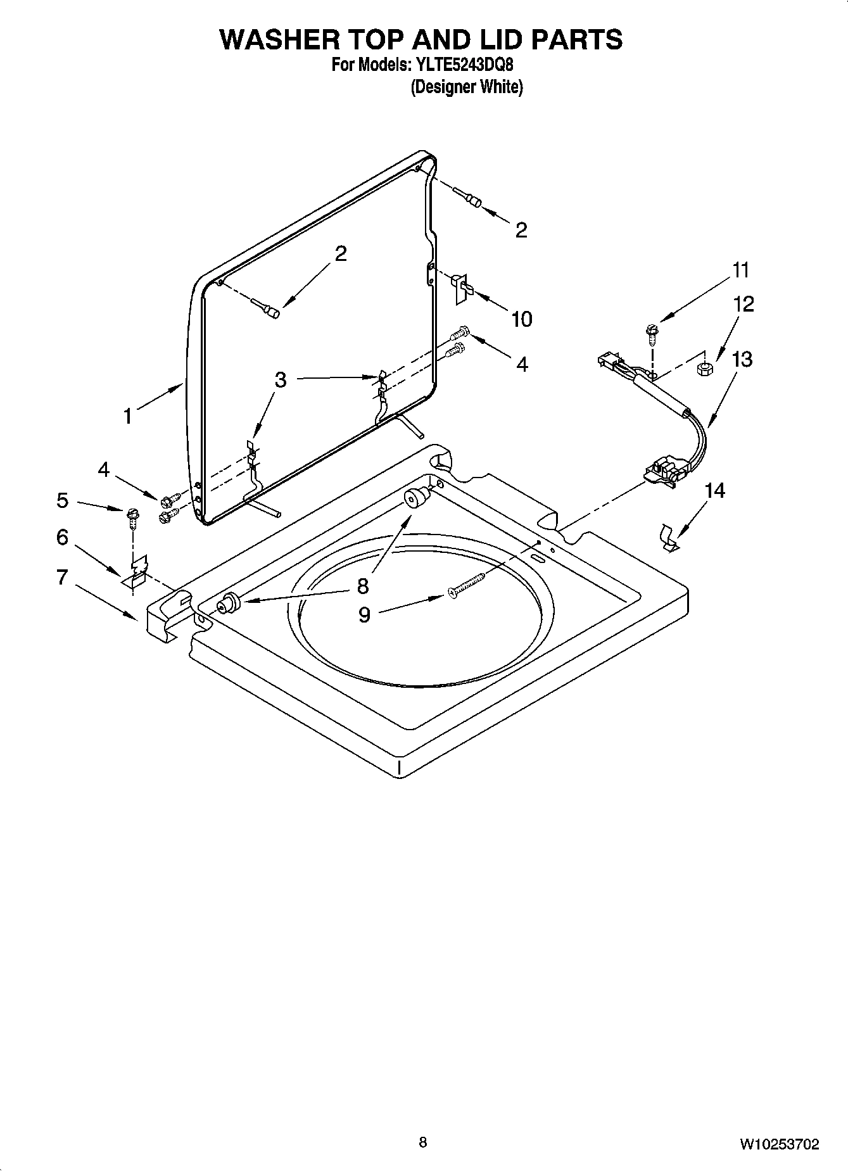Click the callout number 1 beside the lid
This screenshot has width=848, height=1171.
pyautogui.click(x=128, y=417)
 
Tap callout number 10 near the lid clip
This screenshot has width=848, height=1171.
pyautogui.click(x=521, y=319)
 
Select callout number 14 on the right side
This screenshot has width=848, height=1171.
pyautogui.click(x=714, y=490)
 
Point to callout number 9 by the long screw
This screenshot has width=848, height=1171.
pyautogui.click(x=364, y=614)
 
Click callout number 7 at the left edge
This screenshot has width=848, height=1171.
pyautogui.click(x=61, y=577)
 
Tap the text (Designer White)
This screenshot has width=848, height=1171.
pyautogui.click(x=467, y=87)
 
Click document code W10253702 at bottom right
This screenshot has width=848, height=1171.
pyautogui.click(x=779, y=1144)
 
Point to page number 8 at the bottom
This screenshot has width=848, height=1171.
pyautogui.click(x=422, y=1142)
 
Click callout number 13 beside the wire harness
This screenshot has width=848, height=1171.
pyautogui.click(x=742, y=360)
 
